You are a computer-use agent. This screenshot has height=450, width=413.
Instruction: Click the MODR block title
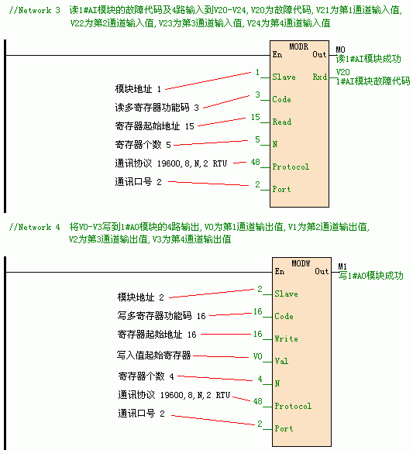click(298, 46)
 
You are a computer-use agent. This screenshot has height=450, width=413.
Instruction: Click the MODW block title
click(301, 263)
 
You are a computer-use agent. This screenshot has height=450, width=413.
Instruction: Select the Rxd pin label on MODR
click(320, 77)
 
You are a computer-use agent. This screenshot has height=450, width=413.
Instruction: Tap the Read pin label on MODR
click(282, 122)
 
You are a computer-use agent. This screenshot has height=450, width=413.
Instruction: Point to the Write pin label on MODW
click(286, 338)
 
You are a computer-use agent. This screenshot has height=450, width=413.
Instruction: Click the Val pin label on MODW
click(281, 361)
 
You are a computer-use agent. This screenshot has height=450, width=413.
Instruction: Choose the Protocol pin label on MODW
click(293, 406)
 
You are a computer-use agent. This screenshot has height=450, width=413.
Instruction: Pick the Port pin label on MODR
click(281, 189)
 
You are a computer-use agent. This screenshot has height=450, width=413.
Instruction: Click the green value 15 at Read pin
click(256, 117)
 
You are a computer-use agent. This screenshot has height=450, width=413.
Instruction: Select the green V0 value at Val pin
click(257, 356)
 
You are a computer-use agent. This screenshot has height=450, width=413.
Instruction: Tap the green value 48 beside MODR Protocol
click(256, 162)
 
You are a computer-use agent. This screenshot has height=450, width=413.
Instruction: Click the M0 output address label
click(341, 50)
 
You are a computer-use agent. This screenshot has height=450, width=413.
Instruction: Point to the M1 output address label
click(342, 266)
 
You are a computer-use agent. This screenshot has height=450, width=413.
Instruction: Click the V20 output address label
click(343, 72)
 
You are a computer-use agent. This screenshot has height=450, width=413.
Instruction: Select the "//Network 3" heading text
click(34, 10)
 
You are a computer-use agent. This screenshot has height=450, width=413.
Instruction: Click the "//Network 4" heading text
click(34, 227)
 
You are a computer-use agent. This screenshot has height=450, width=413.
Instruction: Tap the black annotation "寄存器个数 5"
click(143, 145)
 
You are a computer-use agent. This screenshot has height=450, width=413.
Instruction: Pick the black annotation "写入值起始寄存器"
click(153, 356)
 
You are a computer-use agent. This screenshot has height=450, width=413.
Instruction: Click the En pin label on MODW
click(280, 272)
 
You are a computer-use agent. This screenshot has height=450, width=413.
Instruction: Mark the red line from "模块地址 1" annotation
click(208, 81)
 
